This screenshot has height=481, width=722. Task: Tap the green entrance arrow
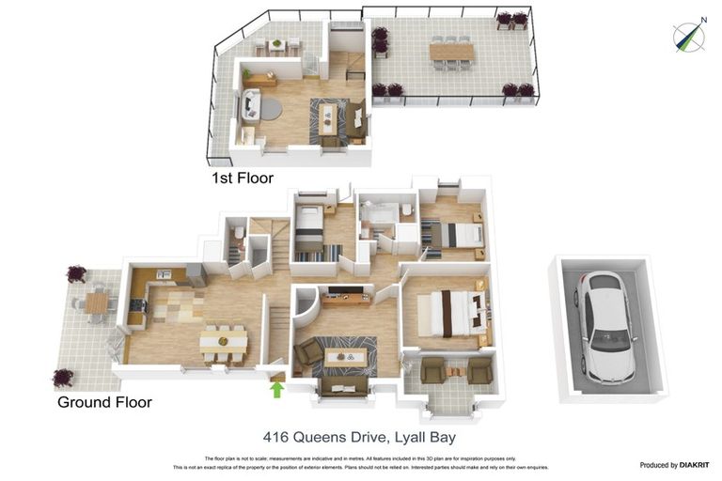point(277,387)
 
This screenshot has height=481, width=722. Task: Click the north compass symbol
point(689,36)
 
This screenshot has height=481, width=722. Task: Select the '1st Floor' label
point(243,177)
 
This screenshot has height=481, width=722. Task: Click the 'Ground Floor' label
point(104,402)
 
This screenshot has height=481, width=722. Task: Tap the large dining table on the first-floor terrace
point(451,53)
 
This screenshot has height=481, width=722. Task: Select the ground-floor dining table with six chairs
point(224,342)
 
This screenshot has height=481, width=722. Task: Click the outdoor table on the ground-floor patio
point(98,303)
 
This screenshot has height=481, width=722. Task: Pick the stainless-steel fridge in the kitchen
point(196,273)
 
